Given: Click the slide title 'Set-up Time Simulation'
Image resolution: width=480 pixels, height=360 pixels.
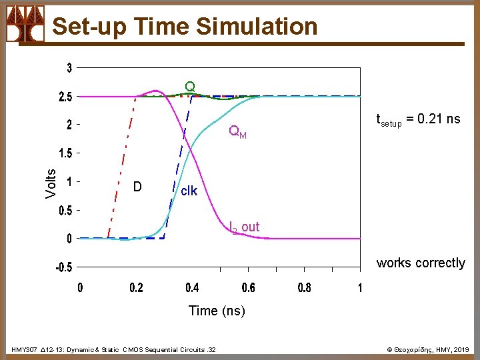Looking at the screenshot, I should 185,26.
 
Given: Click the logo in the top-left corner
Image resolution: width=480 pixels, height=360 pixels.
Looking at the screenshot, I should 25,23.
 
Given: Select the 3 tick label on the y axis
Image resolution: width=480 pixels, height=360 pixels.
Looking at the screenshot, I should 69,68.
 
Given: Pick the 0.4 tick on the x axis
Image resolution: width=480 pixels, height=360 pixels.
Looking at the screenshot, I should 191,288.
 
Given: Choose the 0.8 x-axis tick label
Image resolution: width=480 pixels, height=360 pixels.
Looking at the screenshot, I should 303,288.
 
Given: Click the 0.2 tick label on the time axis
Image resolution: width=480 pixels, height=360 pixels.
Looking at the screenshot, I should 135,288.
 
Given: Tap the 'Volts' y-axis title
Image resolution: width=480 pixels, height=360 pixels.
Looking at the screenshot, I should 51,182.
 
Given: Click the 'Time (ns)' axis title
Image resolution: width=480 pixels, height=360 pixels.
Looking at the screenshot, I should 217,311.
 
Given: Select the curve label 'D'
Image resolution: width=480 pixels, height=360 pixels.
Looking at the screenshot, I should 137,187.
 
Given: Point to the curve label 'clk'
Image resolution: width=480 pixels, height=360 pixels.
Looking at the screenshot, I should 189,191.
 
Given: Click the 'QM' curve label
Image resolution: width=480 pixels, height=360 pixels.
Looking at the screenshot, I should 237,132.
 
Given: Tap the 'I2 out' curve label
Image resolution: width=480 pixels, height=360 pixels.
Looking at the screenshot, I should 244,227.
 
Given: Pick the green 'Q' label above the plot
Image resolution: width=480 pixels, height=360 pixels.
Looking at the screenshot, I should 190,87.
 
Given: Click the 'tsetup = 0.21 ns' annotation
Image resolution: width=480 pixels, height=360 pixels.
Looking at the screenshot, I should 418,120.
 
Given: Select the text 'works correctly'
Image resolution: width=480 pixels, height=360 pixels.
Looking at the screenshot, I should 421,263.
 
